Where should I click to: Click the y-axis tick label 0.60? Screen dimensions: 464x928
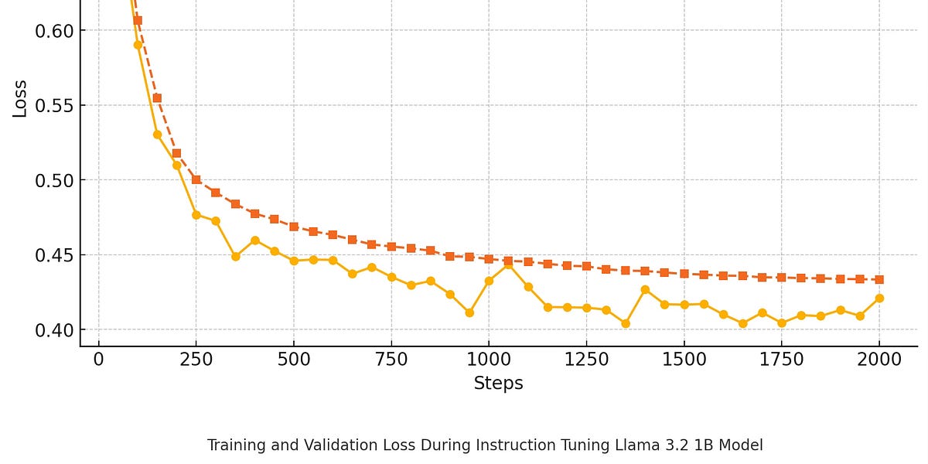pos(54,31)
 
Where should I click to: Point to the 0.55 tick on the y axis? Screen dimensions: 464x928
pos(54,106)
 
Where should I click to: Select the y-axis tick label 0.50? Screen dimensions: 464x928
pos(54,181)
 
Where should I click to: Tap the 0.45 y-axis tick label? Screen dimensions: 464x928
pos(54,255)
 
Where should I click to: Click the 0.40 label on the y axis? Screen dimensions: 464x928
pos(54,330)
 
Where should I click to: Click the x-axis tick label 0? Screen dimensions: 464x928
pos(98,360)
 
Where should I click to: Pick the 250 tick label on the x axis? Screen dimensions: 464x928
pos(196,360)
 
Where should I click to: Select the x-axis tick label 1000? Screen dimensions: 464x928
pos(489,360)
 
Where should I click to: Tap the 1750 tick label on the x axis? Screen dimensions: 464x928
pos(781,360)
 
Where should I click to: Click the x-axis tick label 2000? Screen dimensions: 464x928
pos(879,360)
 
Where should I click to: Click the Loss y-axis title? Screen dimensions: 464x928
pos(20,98)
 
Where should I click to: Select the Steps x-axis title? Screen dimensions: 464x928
pos(498,384)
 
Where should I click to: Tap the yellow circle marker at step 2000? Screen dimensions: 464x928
pos(879,299)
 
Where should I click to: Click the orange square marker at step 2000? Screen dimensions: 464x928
pos(879,279)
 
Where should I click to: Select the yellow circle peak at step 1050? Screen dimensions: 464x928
pos(508,264)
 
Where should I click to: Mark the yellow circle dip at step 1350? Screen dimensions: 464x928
pos(626,323)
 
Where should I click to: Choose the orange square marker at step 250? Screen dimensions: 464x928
pos(196,179)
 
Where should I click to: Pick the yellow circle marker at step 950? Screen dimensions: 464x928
pos(469,312)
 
